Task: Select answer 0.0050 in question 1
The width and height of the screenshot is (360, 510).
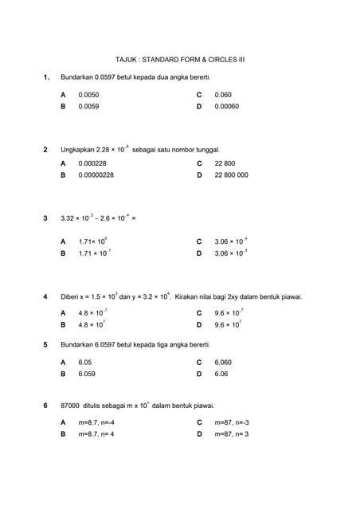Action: pyautogui.click(x=88, y=95)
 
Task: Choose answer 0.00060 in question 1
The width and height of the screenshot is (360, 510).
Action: pyautogui.click(x=227, y=106)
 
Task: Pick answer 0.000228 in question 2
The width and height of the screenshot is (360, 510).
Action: pyautogui.click(x=92, y=163)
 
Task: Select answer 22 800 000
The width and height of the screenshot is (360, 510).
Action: pyautogui.click(x=231, y=175)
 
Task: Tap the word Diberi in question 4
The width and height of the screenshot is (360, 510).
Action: pyautogui.click(x=70, y=297)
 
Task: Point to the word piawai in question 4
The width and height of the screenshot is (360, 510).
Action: pyautogui.click(x=291, y=297)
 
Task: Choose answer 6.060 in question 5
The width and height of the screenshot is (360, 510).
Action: pyautogui.click(x=223, y=362)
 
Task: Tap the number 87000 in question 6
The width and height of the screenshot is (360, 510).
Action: pyautogui.click(x=70, y=406)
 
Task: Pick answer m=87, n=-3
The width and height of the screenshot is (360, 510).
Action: pyautogui.click(x=232, y=422)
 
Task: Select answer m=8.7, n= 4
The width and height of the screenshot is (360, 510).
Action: pyautogui.click(x=96, y=434)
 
